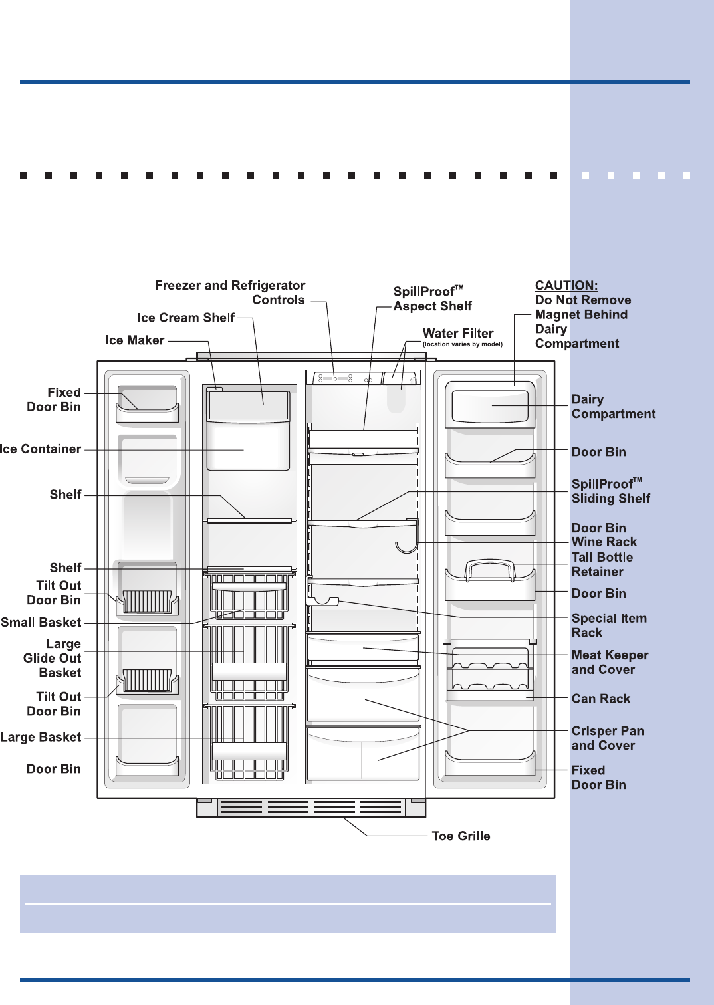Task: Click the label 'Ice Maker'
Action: click(x=135, y=340)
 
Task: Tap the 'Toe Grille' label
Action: click(x=461, y=836)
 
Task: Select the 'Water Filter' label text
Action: click(x=458, y=334)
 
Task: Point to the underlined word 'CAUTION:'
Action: click(x=566, y=286)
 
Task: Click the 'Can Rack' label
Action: click(x=601, y=699)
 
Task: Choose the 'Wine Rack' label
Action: click(x=604, y=542)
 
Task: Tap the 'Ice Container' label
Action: click(x=41, y=449)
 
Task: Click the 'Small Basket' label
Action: click(x=41, y=623)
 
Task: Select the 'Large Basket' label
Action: click(x=41, y=737)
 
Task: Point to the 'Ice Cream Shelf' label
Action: click(x=186, y=318)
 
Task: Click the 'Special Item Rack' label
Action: click(x=609, y=625)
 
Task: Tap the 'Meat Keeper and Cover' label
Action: click(x=610, y=662)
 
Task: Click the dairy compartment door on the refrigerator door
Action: click(x=490, y=405)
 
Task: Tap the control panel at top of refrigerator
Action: click(x=344, y=378)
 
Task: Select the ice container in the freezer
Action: click(x=248, y=445)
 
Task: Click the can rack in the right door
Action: click(x=490, y=671)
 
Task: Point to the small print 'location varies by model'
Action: click(x=463, y=344)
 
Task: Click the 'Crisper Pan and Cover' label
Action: click(x=608, y=738)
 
